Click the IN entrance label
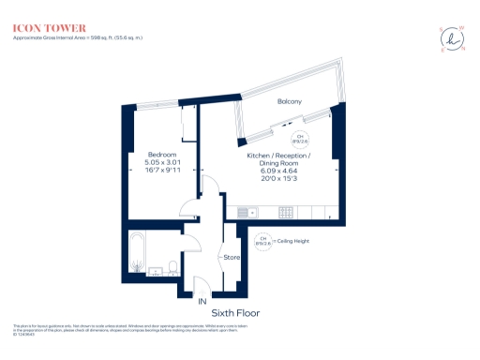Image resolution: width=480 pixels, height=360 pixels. point(201,302)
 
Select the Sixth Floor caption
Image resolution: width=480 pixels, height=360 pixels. point(235,312)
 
